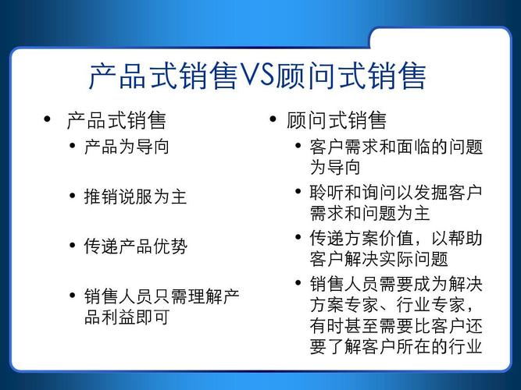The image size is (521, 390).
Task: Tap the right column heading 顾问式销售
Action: coord(337,121)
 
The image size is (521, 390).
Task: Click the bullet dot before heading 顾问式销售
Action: coord(273,119)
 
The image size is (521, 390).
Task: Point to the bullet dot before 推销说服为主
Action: coord(73,196)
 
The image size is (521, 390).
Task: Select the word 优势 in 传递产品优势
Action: coord(170,246)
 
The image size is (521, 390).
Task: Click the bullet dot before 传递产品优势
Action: coord(73,246)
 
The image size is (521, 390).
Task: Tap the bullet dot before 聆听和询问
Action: coord(298,191)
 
